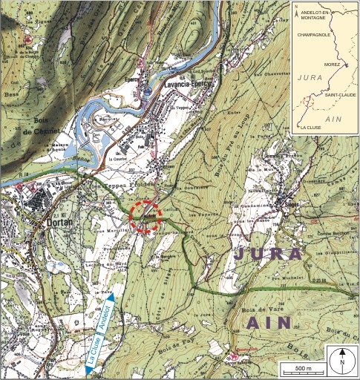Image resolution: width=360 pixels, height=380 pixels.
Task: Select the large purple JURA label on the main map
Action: tap(269, 255)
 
